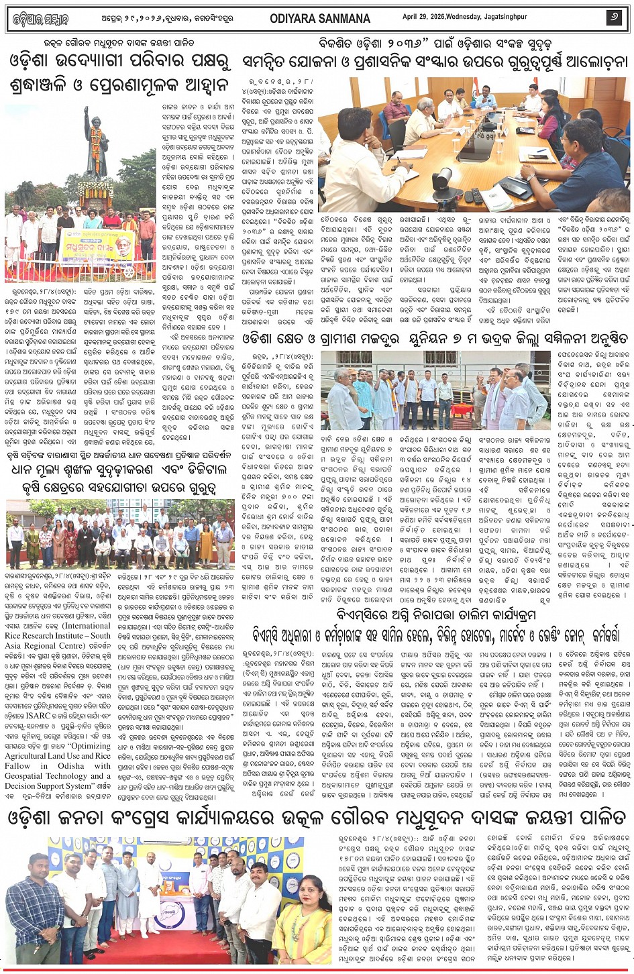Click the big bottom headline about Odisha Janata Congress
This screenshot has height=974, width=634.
coord(317,819)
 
